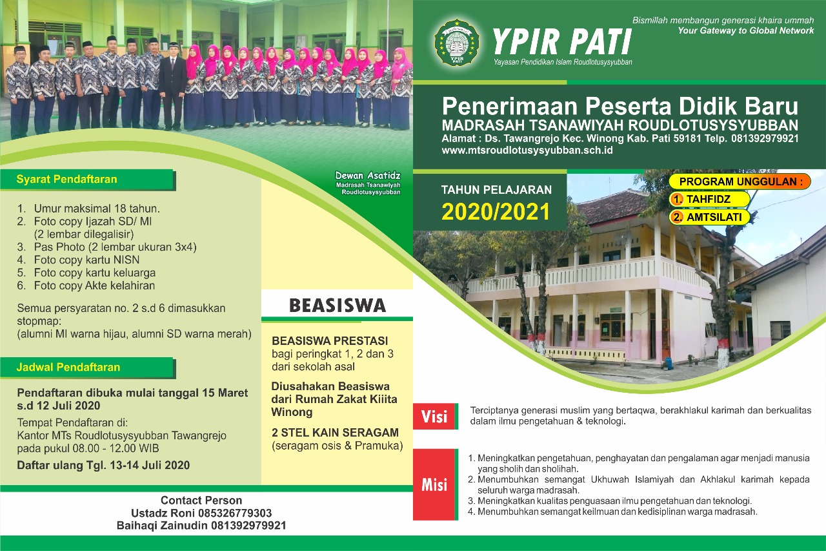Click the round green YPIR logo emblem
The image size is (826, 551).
(458, 43)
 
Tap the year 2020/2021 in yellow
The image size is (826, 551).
(496, 211)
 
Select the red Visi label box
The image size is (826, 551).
(434, 417)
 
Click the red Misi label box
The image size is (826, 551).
(434, 484)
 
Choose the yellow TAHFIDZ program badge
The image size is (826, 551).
(709, 199)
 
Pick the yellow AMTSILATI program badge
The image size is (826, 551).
(709, 217)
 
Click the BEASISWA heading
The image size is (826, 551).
(337, 305)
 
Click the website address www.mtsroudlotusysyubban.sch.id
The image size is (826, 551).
(527, 150)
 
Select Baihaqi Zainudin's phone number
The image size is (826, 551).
(248, 526)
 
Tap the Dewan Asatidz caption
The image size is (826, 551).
(368, 176)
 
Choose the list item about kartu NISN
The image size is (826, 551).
(86, 260)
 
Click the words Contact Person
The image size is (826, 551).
(201, 500)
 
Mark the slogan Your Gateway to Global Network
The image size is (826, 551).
(745, 30)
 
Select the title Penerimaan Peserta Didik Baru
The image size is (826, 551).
(619, 106)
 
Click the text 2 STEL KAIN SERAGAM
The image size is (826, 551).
(335, 432)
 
